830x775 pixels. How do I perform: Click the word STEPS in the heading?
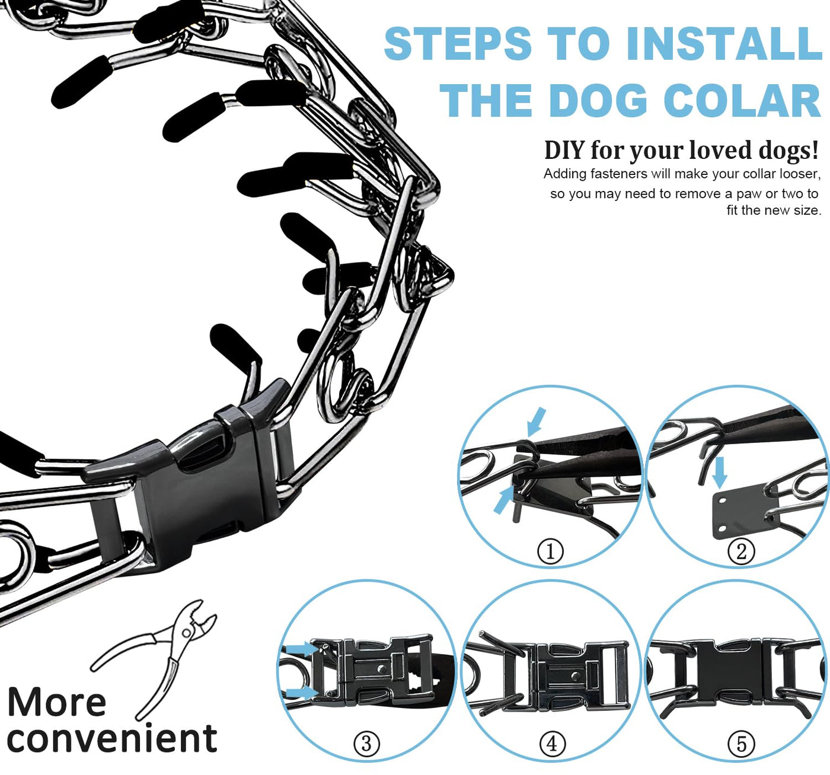(458, 43)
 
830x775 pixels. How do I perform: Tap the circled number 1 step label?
(550, 551)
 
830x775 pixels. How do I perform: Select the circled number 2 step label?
(741, 551)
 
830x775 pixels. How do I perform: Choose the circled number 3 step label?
(366, 744)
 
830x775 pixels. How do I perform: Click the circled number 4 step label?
(552, 744)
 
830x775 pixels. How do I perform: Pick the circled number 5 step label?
(741, 744)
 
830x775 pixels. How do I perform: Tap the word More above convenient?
(57, 703)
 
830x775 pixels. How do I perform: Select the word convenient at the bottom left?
(112, 739)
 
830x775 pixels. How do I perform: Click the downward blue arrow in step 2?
(719, 472)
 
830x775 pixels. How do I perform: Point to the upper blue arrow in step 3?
(301, 648)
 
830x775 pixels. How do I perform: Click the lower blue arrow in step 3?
(302, 692)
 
